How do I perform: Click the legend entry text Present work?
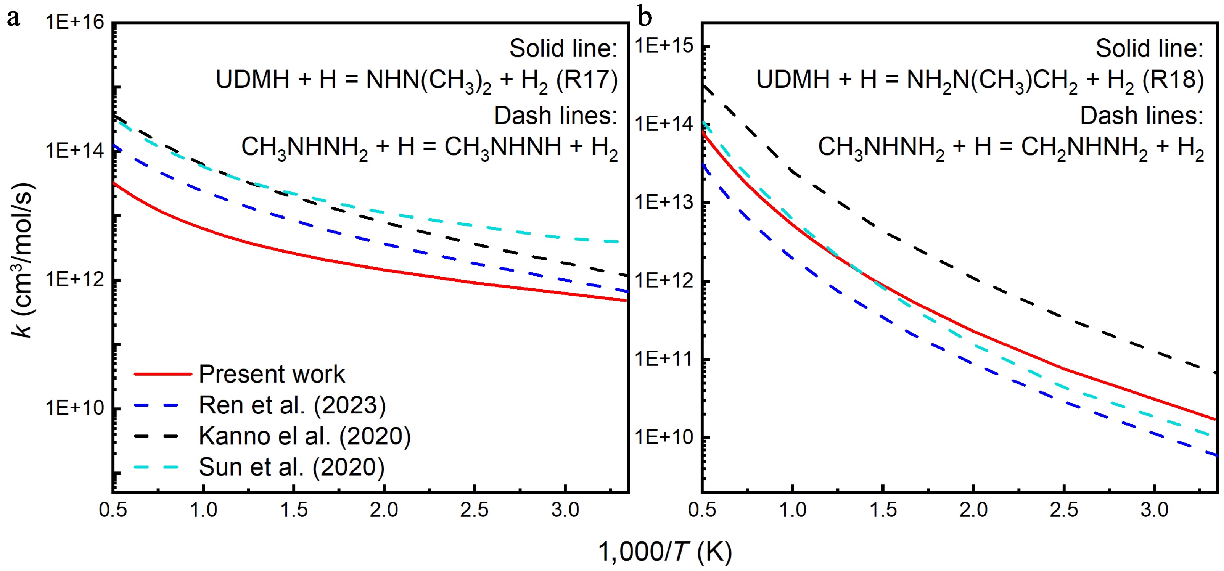pos(271,374)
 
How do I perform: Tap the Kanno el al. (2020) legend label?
pos(305,436)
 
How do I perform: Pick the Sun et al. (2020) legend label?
pos(291,467)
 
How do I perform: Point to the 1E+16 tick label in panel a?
pos(75,22)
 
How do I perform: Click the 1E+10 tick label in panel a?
pos(75,408)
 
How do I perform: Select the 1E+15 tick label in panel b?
pos(664,46)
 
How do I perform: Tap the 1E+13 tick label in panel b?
pos(664,203)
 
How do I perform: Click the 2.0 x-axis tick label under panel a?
pos(384,510)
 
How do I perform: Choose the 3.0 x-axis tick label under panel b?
pos(1155,510)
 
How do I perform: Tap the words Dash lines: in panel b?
pos(1141,115)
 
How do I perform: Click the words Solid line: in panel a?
pos(563,48)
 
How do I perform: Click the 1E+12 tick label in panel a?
pos(75,280)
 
